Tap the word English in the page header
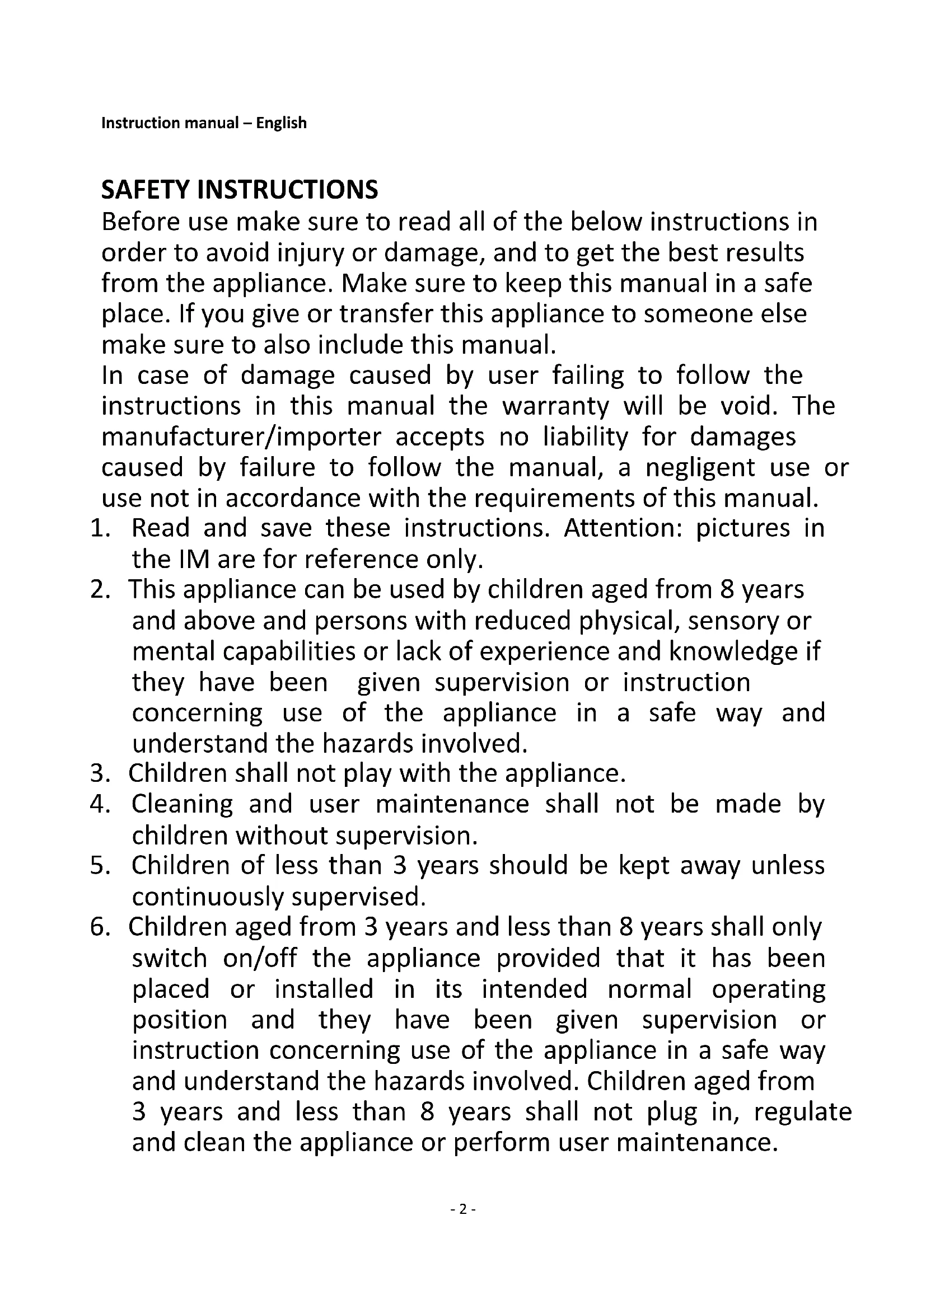pos(281,123)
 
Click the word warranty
pos(555,406)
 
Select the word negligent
pos(700,468)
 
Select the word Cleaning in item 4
pos(183,805)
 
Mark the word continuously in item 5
pos(208,897)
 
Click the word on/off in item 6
pos(260,958)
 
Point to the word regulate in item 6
pos(802,1113)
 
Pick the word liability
pos(585,437)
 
